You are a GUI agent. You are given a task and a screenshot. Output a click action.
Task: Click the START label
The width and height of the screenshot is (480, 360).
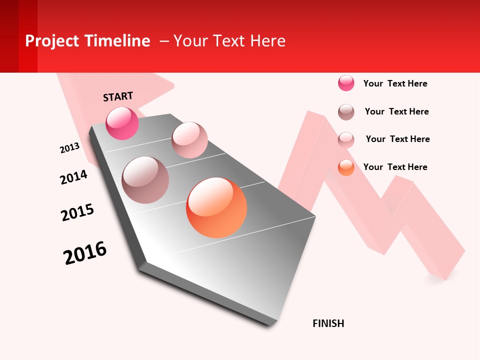click(118, 96)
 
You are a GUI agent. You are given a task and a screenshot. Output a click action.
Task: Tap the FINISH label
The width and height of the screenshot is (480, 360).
click(328, 323)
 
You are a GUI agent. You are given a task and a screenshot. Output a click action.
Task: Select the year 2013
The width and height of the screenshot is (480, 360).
click(69, 148)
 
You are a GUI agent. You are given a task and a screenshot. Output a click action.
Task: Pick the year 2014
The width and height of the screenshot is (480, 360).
click(73, 177)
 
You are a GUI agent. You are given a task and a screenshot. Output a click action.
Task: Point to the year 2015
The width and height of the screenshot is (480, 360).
click(77, 212)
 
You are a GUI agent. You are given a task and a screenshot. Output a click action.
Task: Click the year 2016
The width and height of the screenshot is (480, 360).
click(85, 253)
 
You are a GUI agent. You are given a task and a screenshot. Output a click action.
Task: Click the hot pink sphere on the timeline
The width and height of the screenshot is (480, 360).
click(122, 123)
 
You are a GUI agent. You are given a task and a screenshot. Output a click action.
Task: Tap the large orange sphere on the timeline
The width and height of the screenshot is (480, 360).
click(216, 207)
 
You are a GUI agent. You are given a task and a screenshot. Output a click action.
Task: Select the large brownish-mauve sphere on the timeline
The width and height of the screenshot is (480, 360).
click(145, 180)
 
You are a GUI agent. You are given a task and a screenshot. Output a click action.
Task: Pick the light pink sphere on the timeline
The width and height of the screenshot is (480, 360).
click(189, 140)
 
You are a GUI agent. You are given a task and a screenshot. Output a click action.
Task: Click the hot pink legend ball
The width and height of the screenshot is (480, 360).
click(346, 83)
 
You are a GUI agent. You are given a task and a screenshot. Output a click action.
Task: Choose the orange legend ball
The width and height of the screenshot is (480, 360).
click(346, 167)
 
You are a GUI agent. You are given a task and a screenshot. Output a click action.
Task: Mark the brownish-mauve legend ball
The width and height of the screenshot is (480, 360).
click(346, 112)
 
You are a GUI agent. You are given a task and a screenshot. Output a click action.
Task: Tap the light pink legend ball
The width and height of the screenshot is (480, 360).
click(346, 140)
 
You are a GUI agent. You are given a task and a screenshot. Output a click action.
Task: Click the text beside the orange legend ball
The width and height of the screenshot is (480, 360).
click(395, 167)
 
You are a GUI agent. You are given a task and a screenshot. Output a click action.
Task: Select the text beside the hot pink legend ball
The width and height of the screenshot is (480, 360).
click(395, 83)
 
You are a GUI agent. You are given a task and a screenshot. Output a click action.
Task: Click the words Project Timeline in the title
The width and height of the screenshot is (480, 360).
click(87, 41)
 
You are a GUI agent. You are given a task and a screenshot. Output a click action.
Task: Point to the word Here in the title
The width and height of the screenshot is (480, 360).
click(267, 41)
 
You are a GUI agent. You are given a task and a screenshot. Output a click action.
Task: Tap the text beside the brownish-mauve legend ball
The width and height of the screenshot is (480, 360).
click(396, 111)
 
